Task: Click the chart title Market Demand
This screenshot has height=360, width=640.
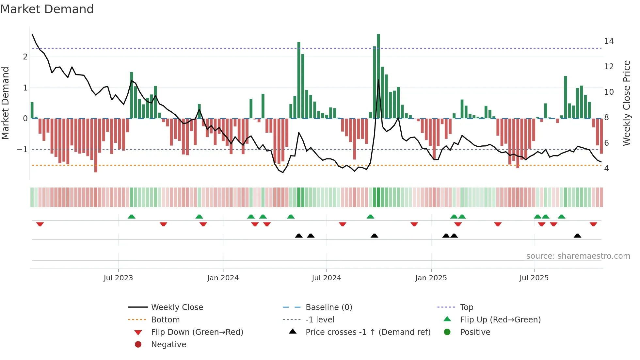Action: click(47, 9)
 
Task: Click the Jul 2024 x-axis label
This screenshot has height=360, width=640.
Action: click(326, 278)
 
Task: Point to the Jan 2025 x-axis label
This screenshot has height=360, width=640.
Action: click(431, 278)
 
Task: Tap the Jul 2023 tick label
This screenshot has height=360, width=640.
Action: click(118, 278)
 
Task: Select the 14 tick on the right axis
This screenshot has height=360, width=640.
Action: click(609, 41)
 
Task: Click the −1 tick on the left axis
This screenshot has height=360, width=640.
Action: click(23, 150)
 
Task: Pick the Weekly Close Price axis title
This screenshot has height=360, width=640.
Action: click(626, 103)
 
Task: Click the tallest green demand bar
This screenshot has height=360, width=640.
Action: click(378, 76)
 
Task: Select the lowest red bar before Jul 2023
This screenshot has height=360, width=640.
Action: click(96, 145)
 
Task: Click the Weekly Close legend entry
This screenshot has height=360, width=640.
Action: click(177, 307)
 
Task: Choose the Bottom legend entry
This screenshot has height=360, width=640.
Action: click(165, 320)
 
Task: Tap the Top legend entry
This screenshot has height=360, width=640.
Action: click(467, 307)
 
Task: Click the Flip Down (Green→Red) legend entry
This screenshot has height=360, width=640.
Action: click(197, 332)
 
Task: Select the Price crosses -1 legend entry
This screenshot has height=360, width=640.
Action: click(368, 332)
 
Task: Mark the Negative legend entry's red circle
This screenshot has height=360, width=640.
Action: click(138, 345)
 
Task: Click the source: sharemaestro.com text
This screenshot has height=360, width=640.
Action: click(578, 256)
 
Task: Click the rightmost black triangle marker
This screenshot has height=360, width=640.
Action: click(577, 236)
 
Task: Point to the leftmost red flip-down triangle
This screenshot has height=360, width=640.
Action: click(40, 224)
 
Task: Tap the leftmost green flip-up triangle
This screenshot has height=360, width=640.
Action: click(131, 217)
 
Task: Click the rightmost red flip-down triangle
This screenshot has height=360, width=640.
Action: click(593, 224)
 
